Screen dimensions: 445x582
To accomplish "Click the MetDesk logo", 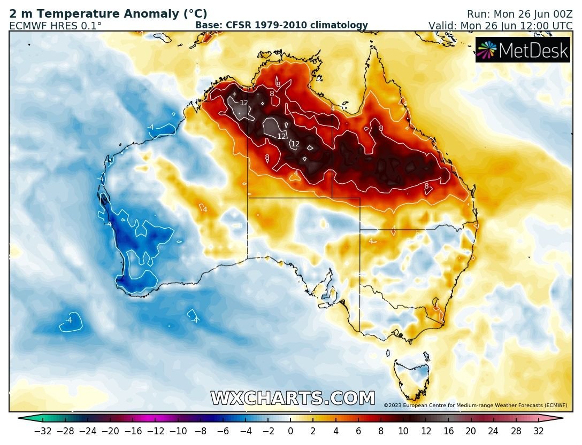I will (522, 50).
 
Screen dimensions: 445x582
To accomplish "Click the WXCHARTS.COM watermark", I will (293, 399).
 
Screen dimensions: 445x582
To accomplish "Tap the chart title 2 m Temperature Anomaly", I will (108, 14).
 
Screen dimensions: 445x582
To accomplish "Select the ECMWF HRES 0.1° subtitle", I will (55, 26).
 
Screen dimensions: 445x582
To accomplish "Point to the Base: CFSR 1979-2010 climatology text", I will (281, 25).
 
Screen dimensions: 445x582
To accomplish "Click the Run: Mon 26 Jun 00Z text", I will (511, 14).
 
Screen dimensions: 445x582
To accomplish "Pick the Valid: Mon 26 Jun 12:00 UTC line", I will (500, 26).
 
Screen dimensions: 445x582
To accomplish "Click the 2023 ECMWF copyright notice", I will (475, 406).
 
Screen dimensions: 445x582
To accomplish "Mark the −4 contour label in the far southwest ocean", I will (68, 320).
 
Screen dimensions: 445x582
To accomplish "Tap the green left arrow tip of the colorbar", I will (22, 419).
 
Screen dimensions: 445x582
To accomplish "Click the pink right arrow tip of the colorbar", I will (559, 419).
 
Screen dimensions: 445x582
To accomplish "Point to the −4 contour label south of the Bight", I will (195, 320).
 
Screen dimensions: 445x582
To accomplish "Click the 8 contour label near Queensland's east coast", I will (426, 186).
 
